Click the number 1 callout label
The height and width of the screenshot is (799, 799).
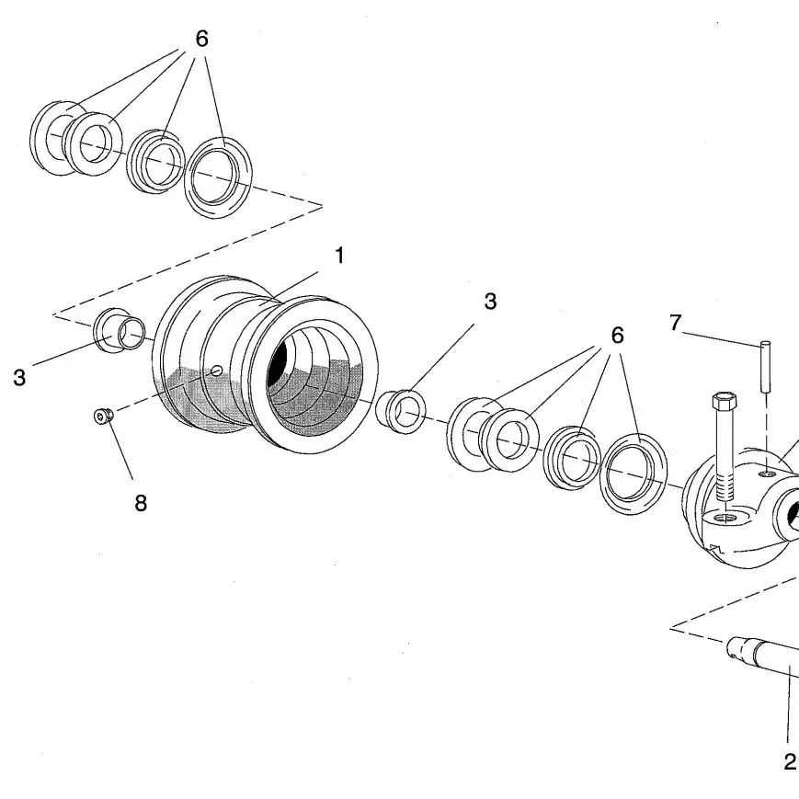pyautogui.click(x=339, y=256)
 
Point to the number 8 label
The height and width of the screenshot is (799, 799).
pyautogui.click(x=141, y=503)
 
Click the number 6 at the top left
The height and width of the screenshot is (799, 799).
pyautogui.click(x=202, y=39)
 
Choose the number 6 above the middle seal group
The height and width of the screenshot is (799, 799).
pyautogui.click(x=617, y=336)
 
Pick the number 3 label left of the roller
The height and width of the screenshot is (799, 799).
pyautogui.click(x=19, y=378)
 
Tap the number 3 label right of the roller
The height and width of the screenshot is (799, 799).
pyautogui.click(x=490, y=302)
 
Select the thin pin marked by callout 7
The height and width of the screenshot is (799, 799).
pyautogui.click(x=765, y=366)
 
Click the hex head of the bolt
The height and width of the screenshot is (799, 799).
pyautogui.click(x=722, y=403)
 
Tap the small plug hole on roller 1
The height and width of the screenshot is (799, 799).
pyautogui.click(x=217, y=370)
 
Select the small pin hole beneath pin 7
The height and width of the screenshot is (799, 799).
pyautogui.click(x=765, y=474)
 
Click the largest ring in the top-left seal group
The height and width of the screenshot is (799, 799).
pyautogui.click(x=218, y=177)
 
